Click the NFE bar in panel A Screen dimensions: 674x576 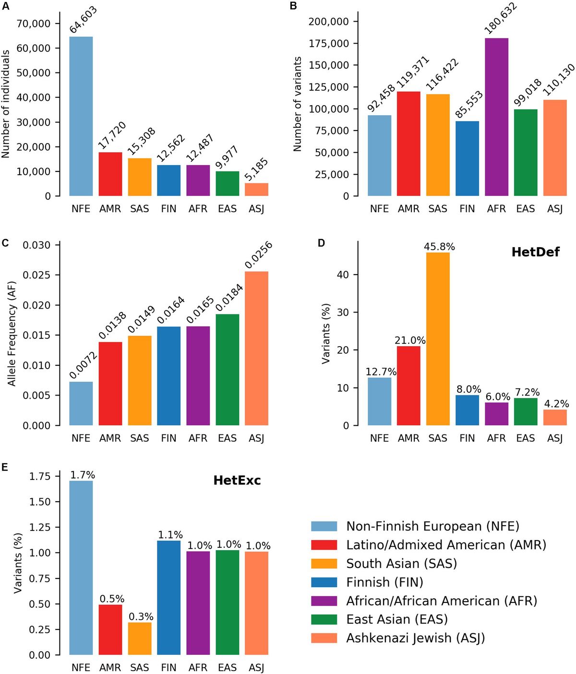coord(81,116)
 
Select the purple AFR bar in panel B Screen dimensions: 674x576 coord(496,117)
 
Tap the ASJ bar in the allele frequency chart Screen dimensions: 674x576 coord(256,349)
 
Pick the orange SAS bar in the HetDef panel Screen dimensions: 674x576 coord(438,339)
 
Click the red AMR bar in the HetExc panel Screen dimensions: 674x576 coord(110,630)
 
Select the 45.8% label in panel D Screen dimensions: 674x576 coord(439,247)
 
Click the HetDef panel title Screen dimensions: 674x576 coord(535,252)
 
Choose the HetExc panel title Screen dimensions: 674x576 coord(237,481)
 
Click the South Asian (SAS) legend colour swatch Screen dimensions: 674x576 coord(324,564)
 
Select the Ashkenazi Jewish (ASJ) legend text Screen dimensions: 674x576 coord(416,638)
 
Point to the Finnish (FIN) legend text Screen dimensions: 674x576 coord(384,582)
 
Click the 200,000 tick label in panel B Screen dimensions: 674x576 coord(328,22)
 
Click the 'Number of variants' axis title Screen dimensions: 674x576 coord(298,104)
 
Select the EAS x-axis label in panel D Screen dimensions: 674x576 coord(526,438)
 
